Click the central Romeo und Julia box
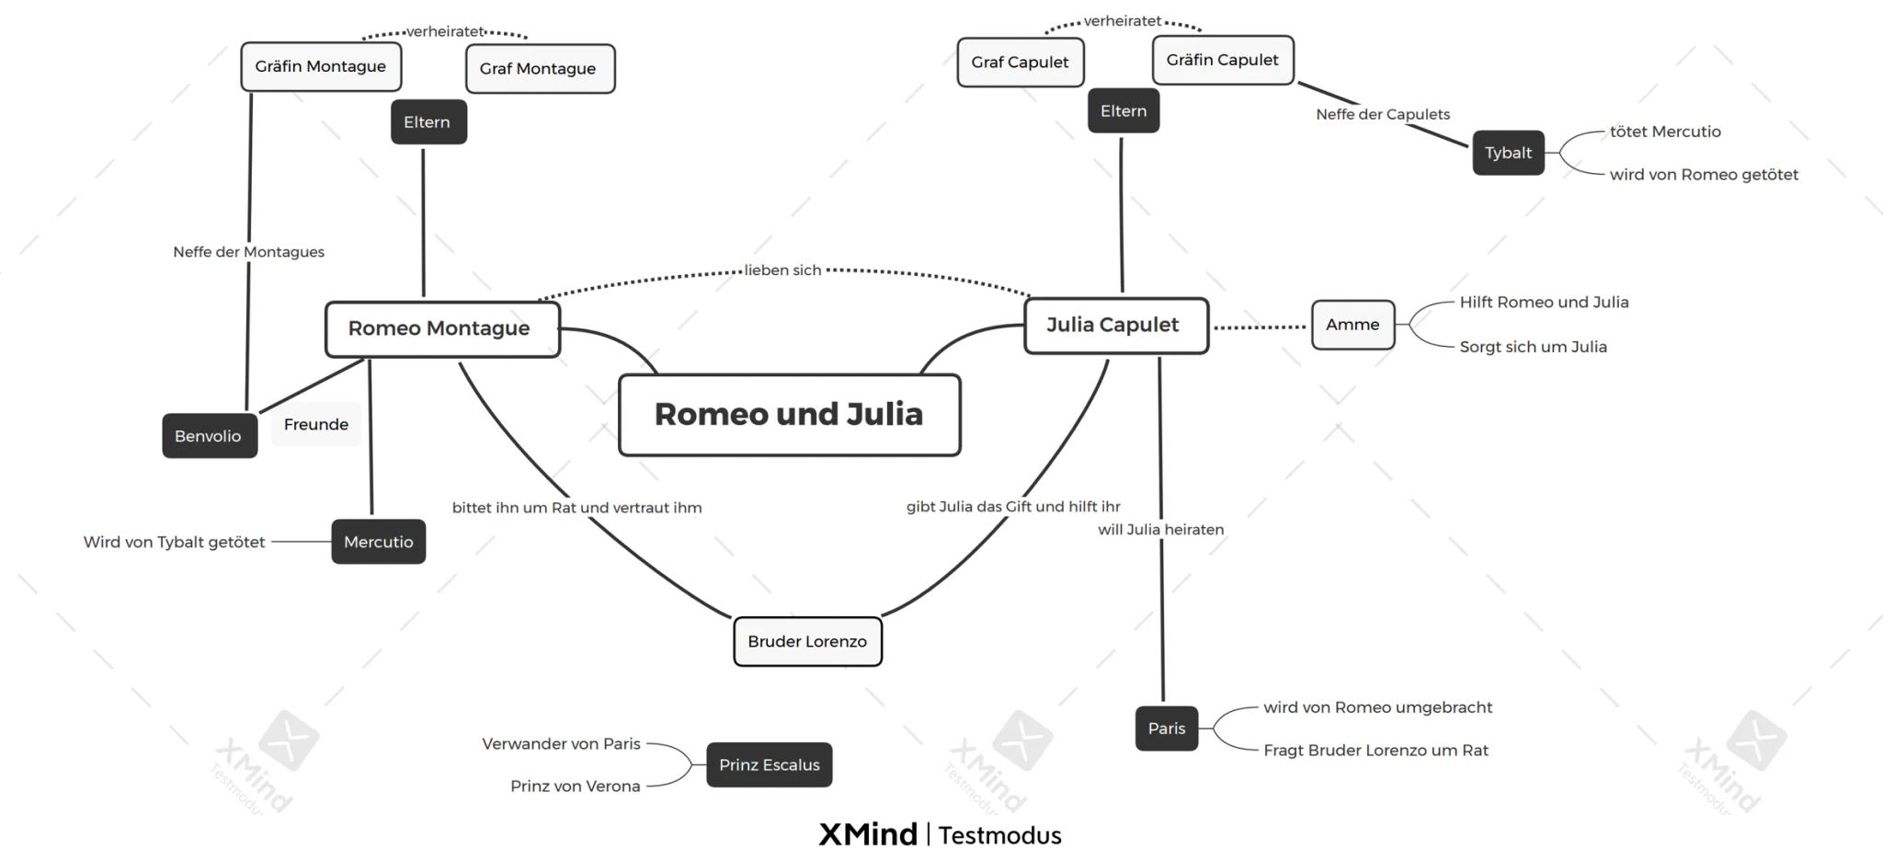(789, 415)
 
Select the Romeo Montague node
(441, 328)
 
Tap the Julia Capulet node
(1115, 325)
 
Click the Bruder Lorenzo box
(807, 641)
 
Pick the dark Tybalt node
(1508, 153)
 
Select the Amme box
(1352, 325)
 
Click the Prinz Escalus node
(769, 764)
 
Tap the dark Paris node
(1166, 729)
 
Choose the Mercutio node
(378, 542)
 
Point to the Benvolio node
(209, 436)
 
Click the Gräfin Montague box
(321, 66)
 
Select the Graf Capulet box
(1020, 63)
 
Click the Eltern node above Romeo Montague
(428, 122)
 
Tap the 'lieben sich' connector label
(782, 270)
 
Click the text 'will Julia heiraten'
(1160, 530)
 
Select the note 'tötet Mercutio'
(1664, 132)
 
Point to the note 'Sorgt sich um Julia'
(1533, 347)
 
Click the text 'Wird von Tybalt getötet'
(174, 542)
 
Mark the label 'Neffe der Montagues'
(248, 252)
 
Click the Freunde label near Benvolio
(315, 424)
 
